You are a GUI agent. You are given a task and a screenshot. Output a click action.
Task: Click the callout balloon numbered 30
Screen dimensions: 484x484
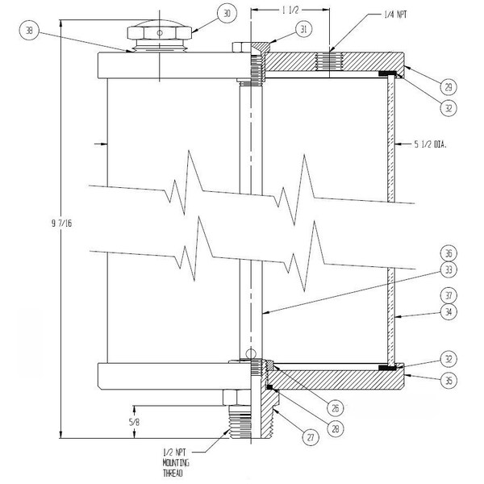(x=227, y=14)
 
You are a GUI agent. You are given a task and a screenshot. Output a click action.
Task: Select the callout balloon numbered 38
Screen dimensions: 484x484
(x=29, y=31)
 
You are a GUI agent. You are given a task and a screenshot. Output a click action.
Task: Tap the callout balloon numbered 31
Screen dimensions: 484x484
(x=304, y=29)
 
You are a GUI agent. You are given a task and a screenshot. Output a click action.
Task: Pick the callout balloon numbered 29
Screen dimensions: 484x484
(x=449, y=87)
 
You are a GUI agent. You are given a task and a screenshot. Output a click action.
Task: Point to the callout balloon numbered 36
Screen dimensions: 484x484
(x=449, y=253)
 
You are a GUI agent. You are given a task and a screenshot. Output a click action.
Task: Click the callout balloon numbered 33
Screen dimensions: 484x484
(x=449, y=269)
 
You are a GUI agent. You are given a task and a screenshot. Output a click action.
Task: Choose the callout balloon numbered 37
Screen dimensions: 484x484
(x=449, y=296)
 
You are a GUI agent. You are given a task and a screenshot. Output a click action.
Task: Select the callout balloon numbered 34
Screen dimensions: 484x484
(x=449, y=312)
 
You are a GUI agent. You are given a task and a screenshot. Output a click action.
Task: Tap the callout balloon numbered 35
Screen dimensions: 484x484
(x=449, y=380)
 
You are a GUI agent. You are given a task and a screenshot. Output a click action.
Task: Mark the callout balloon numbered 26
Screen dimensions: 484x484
(x=336, y=408)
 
